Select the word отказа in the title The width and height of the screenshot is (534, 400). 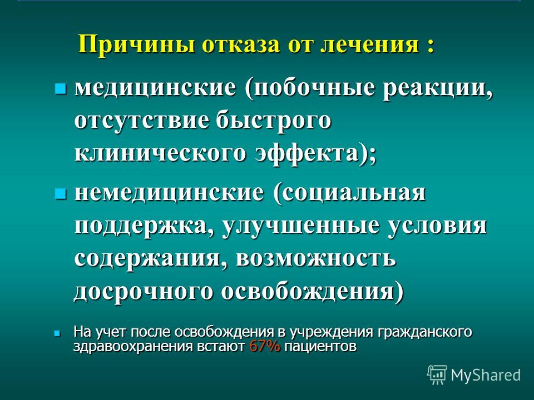point(241,44)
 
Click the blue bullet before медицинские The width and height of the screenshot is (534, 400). point(60,89)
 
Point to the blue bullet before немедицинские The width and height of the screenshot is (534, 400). point(60,194)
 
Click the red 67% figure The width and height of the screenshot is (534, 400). point(265,347)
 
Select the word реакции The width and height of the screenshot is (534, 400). point(438,90)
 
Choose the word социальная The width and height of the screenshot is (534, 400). point(350,194)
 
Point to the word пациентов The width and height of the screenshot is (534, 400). point(320,347)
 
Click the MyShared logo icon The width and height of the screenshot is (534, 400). point(437,375)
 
